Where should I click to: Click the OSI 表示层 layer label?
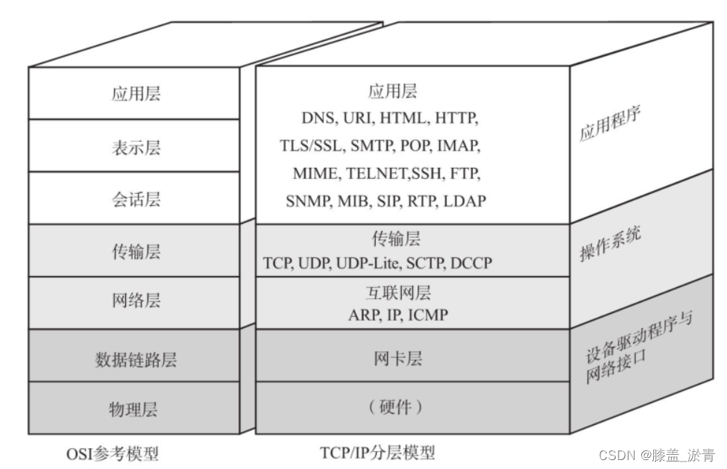pyautogui.click(x=136, y=148)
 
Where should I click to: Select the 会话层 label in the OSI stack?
pyautogui.click(x=136, y=200)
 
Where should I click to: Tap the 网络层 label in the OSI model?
pyautogui.click(x=136, y=300)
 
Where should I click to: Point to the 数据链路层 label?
pyautogui.click(x=136, y=360)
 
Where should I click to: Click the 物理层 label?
pyautogui.click(x=136, y=409)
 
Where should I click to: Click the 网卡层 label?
pyautogui.click(x=398, y=359)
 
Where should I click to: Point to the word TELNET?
pyautogui.click(x=376, y=174)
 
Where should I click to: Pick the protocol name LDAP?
pyautogui.click(x=465, y=201)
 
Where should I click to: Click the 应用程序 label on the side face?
pyautogui.click(x=611, y=125)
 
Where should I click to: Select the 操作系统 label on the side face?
pyautogui.click(x=611, y=243)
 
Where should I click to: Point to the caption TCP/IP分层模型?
pyautogui.click(x=377, y=453)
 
